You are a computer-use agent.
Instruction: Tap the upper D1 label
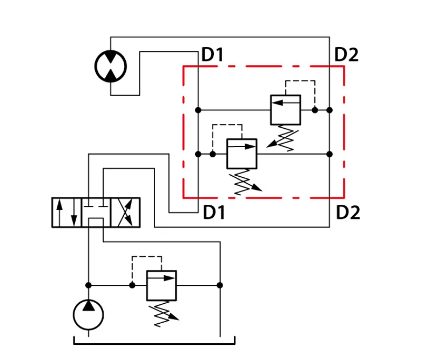212,55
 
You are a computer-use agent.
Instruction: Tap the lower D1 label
214,212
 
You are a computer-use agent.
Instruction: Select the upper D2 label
346,55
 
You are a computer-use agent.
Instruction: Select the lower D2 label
348,212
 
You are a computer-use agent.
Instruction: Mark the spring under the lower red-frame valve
245,182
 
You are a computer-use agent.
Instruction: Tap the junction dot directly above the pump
88,285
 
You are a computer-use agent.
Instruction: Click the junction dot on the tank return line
220,285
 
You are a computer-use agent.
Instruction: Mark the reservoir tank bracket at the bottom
154,344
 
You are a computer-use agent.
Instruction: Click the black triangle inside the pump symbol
89,305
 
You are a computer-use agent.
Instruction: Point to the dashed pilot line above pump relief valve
147,257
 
